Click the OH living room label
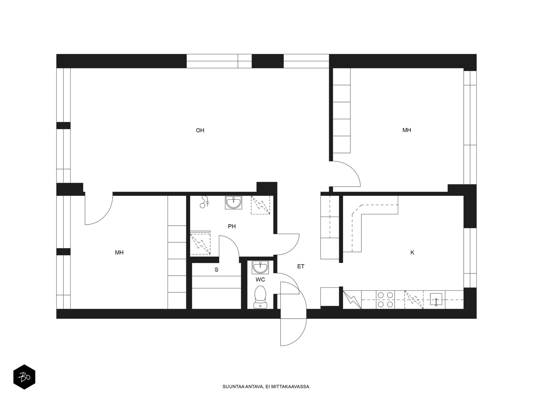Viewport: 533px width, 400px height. point(200,130)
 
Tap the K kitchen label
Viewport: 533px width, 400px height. point(412,253)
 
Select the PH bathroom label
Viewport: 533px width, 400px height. point(232,226)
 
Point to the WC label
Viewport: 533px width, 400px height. point(260,280)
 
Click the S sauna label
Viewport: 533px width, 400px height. point(216,270)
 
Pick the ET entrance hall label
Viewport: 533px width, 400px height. point(300,266)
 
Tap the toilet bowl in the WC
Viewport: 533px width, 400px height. point(260,297)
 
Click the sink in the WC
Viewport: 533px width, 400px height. point(260,267)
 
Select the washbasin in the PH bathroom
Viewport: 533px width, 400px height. point(234,203)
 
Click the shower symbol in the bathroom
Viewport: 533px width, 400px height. point(205,202)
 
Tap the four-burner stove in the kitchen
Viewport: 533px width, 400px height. point(385,300)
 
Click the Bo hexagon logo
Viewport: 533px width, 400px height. point(24,377)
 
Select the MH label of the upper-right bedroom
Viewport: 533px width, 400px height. point(407,130)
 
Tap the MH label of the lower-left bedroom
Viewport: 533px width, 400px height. point(119,253)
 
